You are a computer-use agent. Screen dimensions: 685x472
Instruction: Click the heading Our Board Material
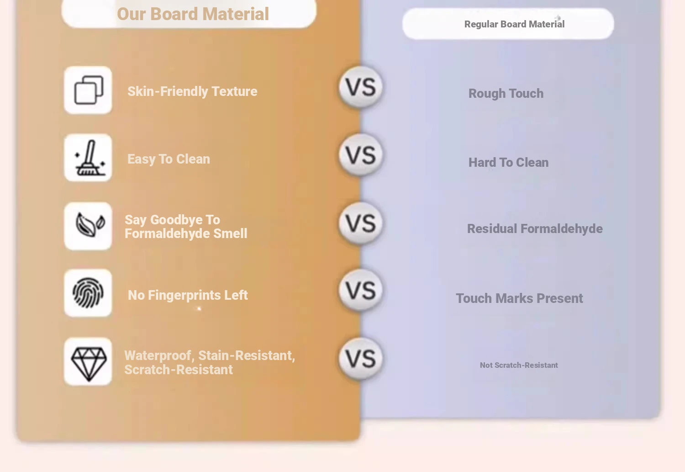point(193,14)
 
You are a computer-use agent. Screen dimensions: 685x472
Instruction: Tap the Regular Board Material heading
point(514,24)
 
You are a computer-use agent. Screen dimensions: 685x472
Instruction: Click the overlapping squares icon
point(89,90)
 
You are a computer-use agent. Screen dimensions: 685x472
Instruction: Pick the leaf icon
point(90,225)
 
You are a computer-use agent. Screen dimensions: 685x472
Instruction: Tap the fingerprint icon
point(88,293)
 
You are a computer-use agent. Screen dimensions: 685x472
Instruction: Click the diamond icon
point(89,364)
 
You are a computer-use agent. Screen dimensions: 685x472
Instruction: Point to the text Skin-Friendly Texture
point(192,91)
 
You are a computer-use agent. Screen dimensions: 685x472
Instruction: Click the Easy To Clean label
point(169,159)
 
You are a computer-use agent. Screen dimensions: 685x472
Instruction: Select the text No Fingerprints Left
point(188,295)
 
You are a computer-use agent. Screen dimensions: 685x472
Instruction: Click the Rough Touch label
point(506,94)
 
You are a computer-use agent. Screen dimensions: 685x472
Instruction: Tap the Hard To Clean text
point(509,162)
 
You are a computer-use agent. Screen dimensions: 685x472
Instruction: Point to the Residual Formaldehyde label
point(535,229)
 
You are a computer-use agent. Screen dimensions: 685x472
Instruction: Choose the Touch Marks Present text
point(519,298)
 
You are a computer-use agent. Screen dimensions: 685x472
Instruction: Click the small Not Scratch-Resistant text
point(519,365)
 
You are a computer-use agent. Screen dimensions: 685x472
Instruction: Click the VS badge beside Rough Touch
point(361,87)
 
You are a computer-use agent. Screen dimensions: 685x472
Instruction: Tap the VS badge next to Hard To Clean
point(361,155)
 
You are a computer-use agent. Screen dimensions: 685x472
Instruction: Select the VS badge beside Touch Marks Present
point(361,290)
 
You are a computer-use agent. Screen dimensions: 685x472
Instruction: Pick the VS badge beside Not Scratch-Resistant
point(361,359)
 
